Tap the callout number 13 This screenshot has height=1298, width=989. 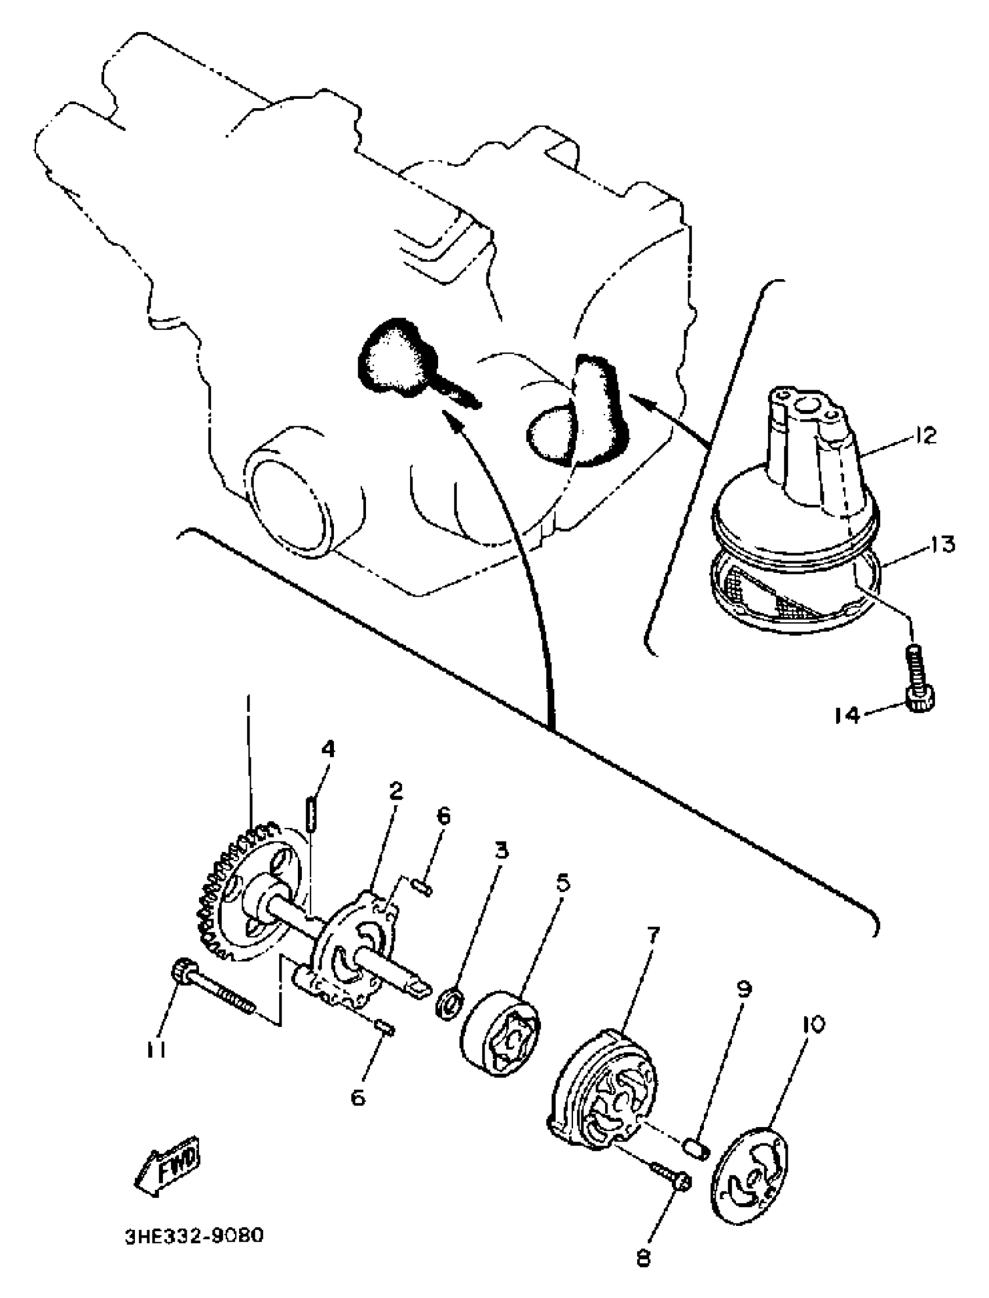[x=941, y=544]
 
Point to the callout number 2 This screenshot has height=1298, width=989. [x=396, y=791]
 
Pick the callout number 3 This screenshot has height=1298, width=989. [x=500, y=850]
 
